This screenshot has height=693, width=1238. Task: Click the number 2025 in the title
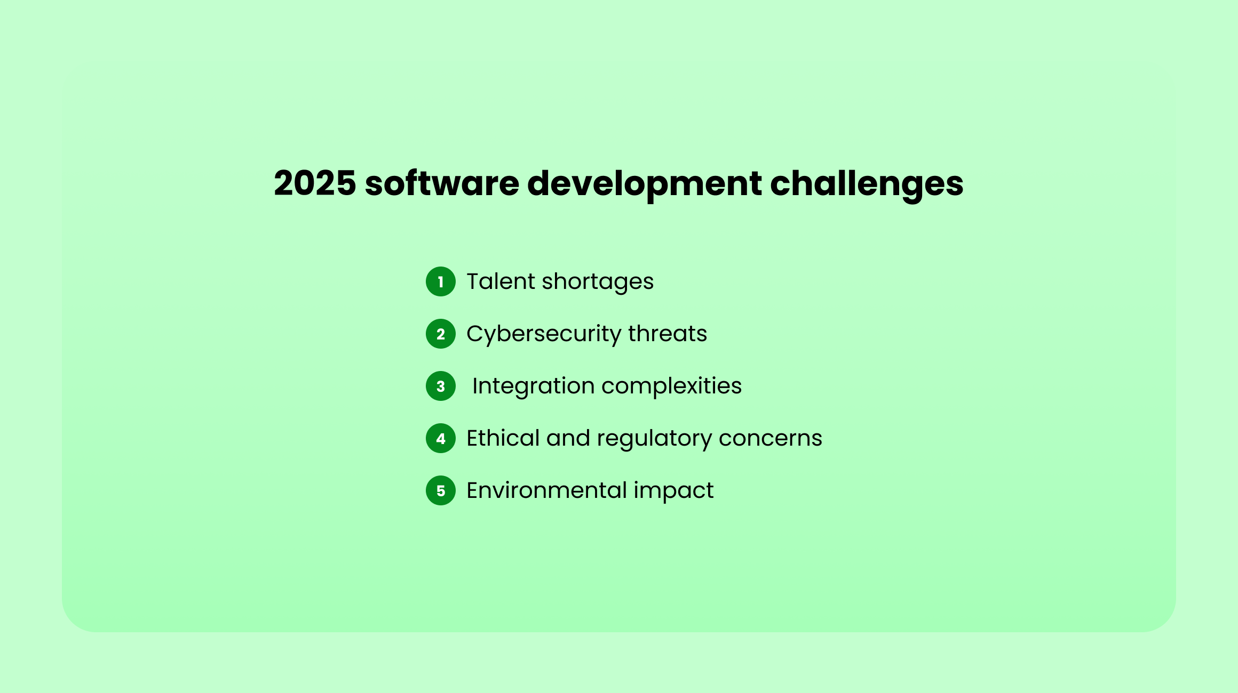click(x=315, y=183)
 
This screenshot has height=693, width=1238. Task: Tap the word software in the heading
click(x=442, y=183)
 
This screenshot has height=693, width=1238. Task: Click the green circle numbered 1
click(x=441, y=281)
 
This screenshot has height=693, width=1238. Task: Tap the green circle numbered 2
click(x=441, y=334)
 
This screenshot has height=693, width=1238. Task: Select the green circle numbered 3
click(x=441, y=386)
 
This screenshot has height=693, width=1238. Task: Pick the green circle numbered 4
click(x=441, y=438)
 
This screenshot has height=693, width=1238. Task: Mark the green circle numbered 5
click(x=441, y=490)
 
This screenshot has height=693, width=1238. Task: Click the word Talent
click(x=501, y=281)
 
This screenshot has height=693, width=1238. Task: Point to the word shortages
click(x=598, y=283)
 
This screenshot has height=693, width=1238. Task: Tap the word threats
click(x=668, y=334)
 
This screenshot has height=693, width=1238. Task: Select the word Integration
click(x=534, y=387)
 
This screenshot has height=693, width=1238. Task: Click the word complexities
click(x=671, y=387)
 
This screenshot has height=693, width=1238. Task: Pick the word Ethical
click(x=503, y=438)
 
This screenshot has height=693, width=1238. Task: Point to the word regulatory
click(x=654, y=440)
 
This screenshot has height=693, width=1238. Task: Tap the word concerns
click(x=771, y=440)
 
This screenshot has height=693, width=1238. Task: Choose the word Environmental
click(x=547, y=490)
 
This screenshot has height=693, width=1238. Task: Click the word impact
click(x=674, y=491)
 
